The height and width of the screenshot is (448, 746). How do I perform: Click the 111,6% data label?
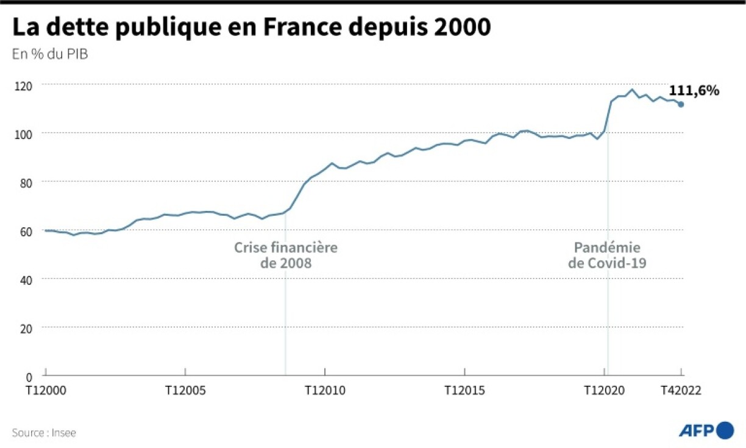[694, 91]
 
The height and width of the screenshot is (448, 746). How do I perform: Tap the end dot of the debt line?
[681, 104]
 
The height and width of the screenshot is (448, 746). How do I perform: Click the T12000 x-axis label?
[46, 391]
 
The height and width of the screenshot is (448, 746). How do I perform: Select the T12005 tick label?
[185, 391]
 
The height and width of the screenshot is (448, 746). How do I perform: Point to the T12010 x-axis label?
[325, 391]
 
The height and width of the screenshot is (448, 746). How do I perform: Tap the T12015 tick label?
[464, 391]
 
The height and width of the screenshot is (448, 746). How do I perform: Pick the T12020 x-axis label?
[604, 391]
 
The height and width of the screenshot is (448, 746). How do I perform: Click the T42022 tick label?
[681, 391]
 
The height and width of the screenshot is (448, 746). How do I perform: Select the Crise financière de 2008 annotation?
[286, 256]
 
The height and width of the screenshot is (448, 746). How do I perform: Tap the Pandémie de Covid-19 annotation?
[607, 256]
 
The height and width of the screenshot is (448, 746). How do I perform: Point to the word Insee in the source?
[64, 433]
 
